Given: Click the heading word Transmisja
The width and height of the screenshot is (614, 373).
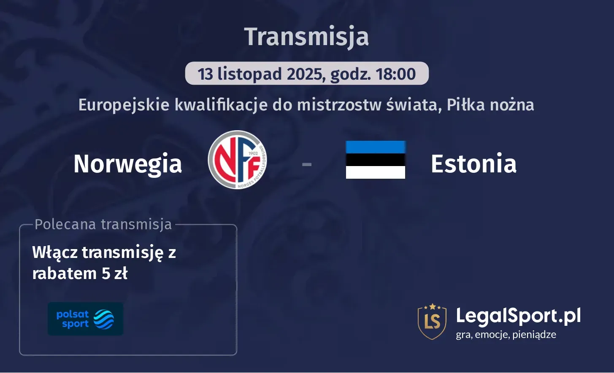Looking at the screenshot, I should click(306, 37).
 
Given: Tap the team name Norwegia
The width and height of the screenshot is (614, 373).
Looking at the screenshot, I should click(127, 164).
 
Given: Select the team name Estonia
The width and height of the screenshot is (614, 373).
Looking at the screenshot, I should click(473, 164).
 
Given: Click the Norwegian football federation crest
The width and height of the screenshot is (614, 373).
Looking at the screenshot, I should click(238, 160).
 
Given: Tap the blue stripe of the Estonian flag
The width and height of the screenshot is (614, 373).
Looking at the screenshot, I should click(375, 147).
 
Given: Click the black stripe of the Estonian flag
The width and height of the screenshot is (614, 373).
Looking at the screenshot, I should click(375, 160).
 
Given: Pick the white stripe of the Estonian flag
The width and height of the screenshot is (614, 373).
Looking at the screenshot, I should click(375, 172).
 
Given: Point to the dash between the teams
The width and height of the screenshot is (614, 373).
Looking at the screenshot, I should click(307, 164).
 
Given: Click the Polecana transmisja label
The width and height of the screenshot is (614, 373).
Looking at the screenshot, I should click(103, 224).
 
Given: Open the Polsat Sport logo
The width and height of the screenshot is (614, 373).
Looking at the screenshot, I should click(85, 319).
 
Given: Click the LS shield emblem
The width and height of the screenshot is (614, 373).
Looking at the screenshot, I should click(432, 322).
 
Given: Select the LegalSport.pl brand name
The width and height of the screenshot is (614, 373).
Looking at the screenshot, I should click(518, 316).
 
